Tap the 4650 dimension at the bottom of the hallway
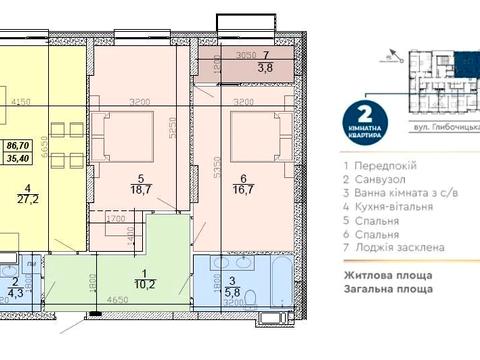118,299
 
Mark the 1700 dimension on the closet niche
116,217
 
